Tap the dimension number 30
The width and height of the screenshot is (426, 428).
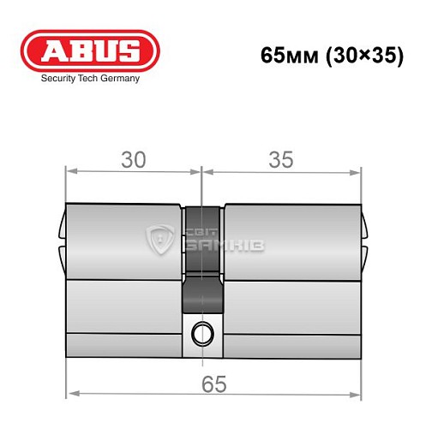coord(133,159)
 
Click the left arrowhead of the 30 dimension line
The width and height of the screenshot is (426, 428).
coord(72,171)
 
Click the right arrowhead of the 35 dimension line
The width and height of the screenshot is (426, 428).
coord(357,171)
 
